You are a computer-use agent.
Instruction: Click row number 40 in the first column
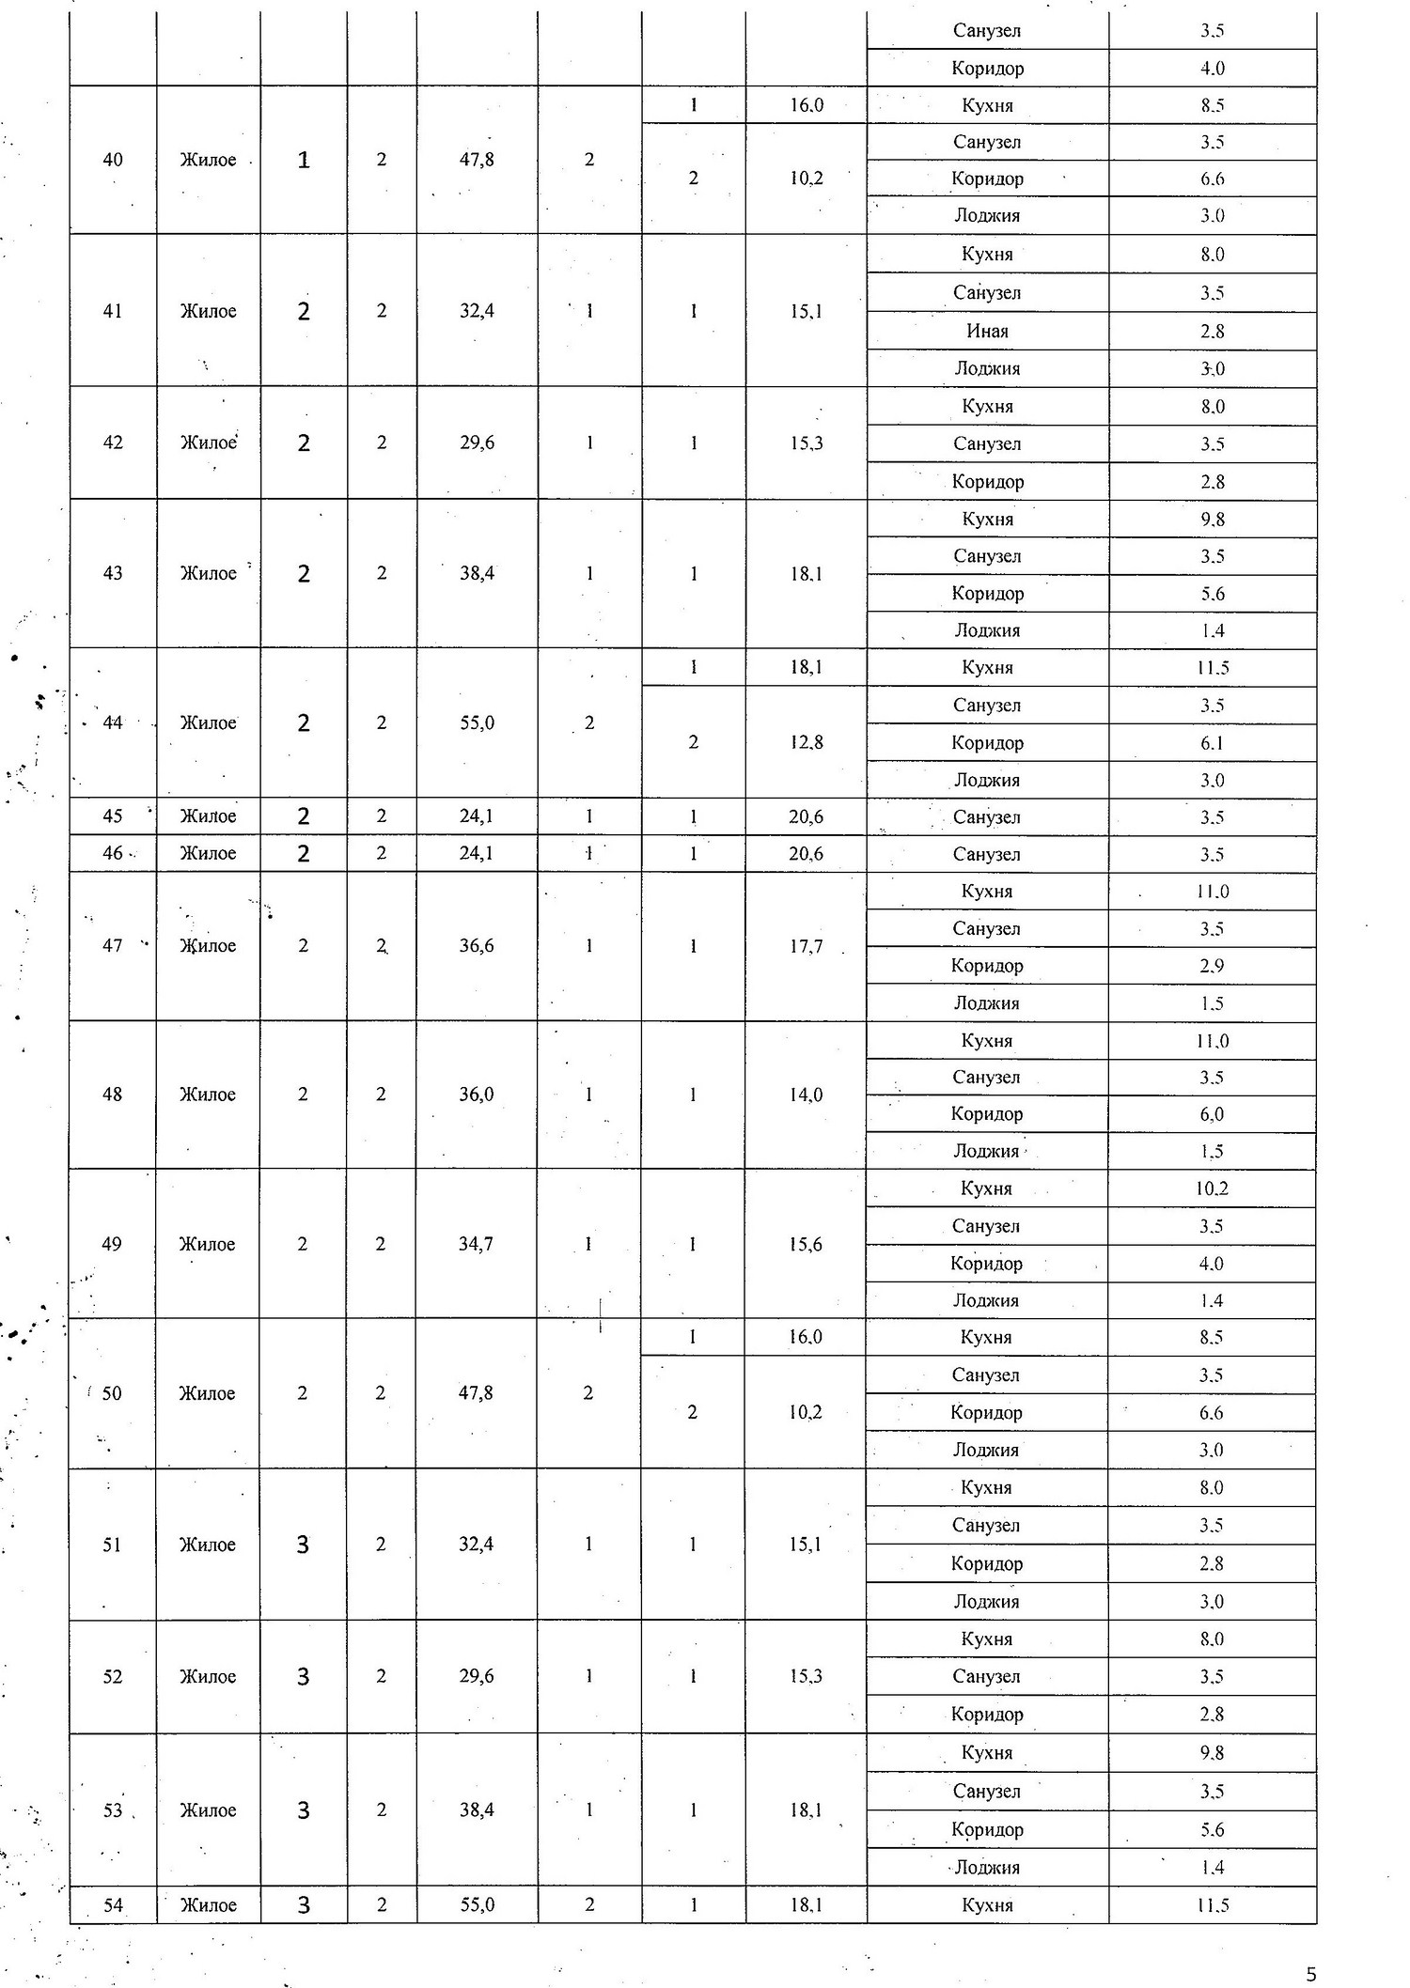112,160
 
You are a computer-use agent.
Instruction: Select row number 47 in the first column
112,946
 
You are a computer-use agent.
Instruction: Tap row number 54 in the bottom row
113,1904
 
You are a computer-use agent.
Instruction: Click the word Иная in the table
987,331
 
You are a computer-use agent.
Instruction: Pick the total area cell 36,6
477,946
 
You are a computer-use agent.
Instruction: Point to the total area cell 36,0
477,1095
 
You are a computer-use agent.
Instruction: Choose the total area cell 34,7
477,1244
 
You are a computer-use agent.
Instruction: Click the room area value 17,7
806,946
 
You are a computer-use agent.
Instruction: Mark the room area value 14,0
806,1095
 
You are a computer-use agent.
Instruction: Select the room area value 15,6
806,1244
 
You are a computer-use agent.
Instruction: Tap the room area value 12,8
806,742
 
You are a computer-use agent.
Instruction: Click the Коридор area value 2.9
1212,966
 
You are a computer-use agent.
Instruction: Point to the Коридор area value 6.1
1212,743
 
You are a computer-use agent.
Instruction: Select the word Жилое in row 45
208,816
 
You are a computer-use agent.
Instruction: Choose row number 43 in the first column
112,573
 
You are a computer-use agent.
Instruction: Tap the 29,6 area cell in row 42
477,443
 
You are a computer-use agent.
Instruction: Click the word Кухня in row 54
987,1905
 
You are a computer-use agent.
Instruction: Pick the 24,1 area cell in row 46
477,854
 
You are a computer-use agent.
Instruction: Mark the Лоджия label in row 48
986,1151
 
